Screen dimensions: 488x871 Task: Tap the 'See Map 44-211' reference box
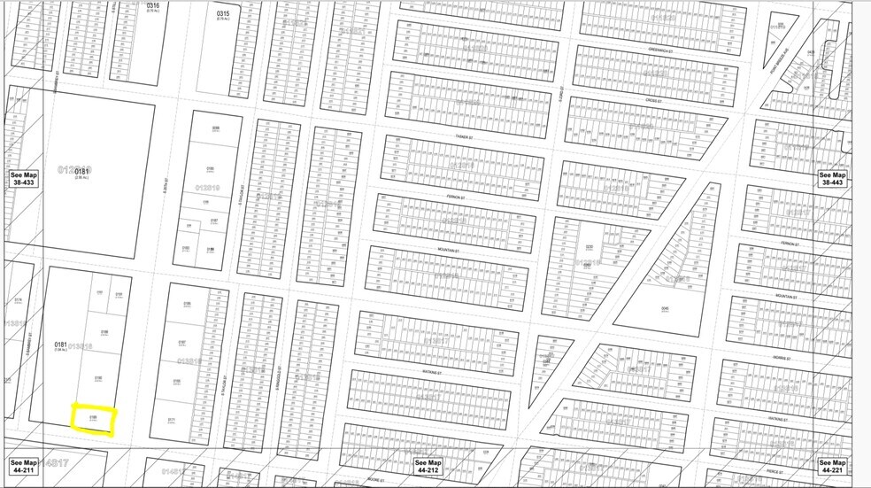click(x=23, y=467)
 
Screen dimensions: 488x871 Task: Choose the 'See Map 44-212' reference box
click(x=428, y=467)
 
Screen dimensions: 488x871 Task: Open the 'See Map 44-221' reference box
click(x=832, y=467)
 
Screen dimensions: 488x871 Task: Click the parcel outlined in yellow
click(x=93, y=418)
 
